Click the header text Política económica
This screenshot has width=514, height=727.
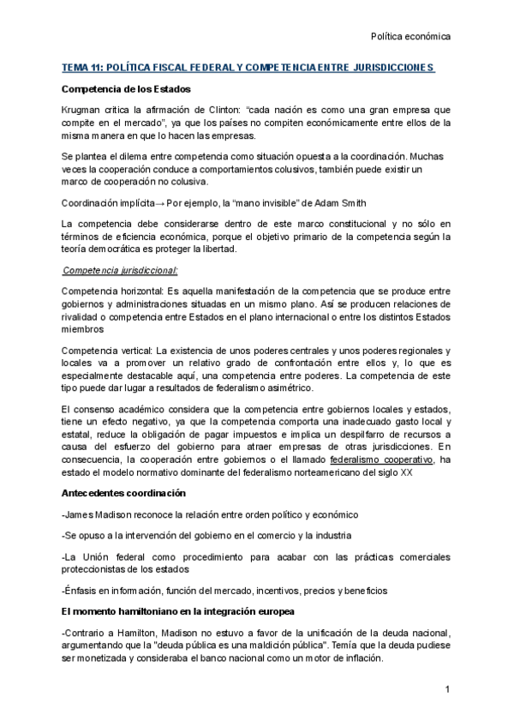tap(409, 37)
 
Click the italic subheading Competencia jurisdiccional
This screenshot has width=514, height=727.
tap(120, 271)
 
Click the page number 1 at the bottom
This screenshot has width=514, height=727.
tap(446, 689)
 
